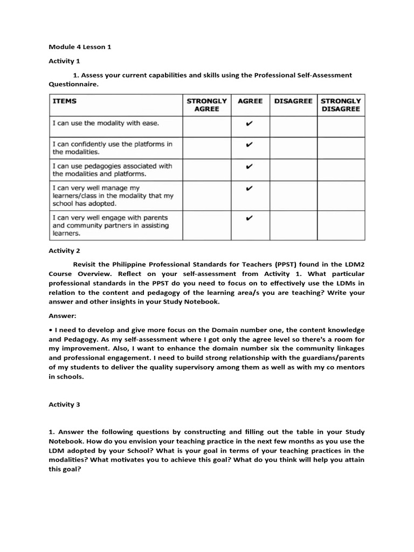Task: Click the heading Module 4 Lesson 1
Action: (80, 47)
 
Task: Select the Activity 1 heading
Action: (64, 61)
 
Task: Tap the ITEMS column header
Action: (64, 101)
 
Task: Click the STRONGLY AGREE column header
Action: (206, 105)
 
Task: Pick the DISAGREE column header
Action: (293, 101)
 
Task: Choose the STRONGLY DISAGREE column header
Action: (341, 105)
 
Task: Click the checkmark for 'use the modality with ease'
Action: (249, 123)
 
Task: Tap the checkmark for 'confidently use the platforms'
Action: (249, 144)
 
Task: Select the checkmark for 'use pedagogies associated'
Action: (249, 166)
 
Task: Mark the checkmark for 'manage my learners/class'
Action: (249, 188)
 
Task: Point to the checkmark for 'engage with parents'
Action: (249, 218)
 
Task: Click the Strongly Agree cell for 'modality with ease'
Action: (206, 127)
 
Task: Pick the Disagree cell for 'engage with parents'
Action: (293, 225)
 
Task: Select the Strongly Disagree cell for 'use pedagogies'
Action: (341, 170)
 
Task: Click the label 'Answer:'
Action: (63, 316)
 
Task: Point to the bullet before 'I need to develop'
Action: (50, 330)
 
